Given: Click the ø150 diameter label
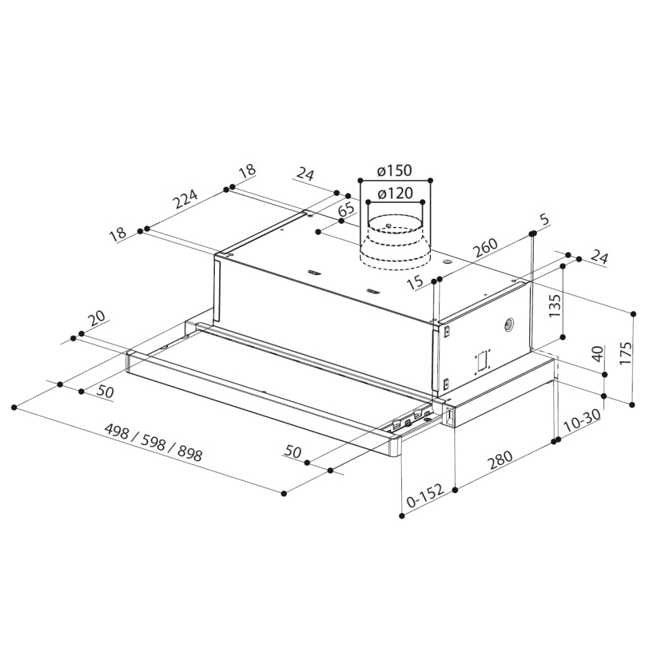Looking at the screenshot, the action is [x=395, y=170].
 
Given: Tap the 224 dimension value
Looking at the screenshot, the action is [x=186, y=200].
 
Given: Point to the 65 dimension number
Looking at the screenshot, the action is [x=347, y=209].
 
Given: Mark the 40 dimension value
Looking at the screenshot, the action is [x=597, y=354].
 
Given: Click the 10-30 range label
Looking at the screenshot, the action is [x=581, y=421].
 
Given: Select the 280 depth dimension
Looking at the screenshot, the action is [x=501, y=460].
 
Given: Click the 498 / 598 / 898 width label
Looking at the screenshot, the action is [x=153, y=442].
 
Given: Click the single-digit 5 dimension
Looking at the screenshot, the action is [x=545, y=219].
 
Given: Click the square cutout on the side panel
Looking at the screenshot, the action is [x=482, y=361].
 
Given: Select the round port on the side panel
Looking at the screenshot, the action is [x=508, y=325].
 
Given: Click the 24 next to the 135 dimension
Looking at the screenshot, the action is [x=599, y=257].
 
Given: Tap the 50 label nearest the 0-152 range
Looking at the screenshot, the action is [x=293, y=451].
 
